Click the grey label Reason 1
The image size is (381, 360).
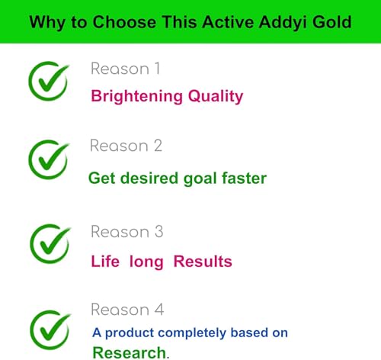125,69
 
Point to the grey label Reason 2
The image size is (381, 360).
126,146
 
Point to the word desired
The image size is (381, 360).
145,178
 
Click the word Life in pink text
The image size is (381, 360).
105,262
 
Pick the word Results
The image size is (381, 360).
203,262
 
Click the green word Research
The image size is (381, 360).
129,352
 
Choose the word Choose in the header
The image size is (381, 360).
121,21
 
